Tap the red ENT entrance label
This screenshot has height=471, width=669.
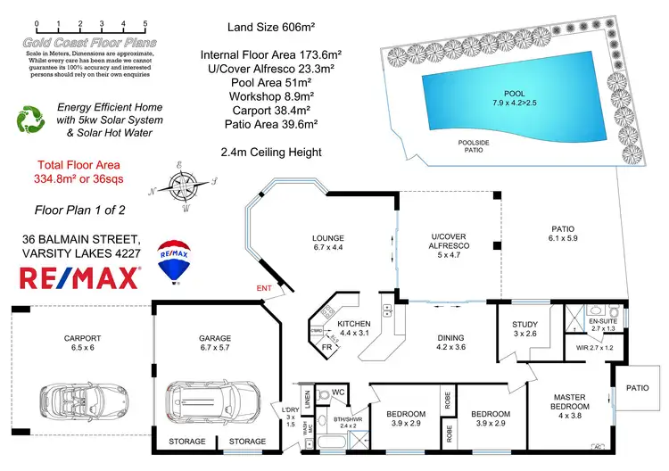(264, 287)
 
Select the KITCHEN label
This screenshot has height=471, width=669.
(355, 326)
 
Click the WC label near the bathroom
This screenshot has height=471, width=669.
(338, 391)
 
